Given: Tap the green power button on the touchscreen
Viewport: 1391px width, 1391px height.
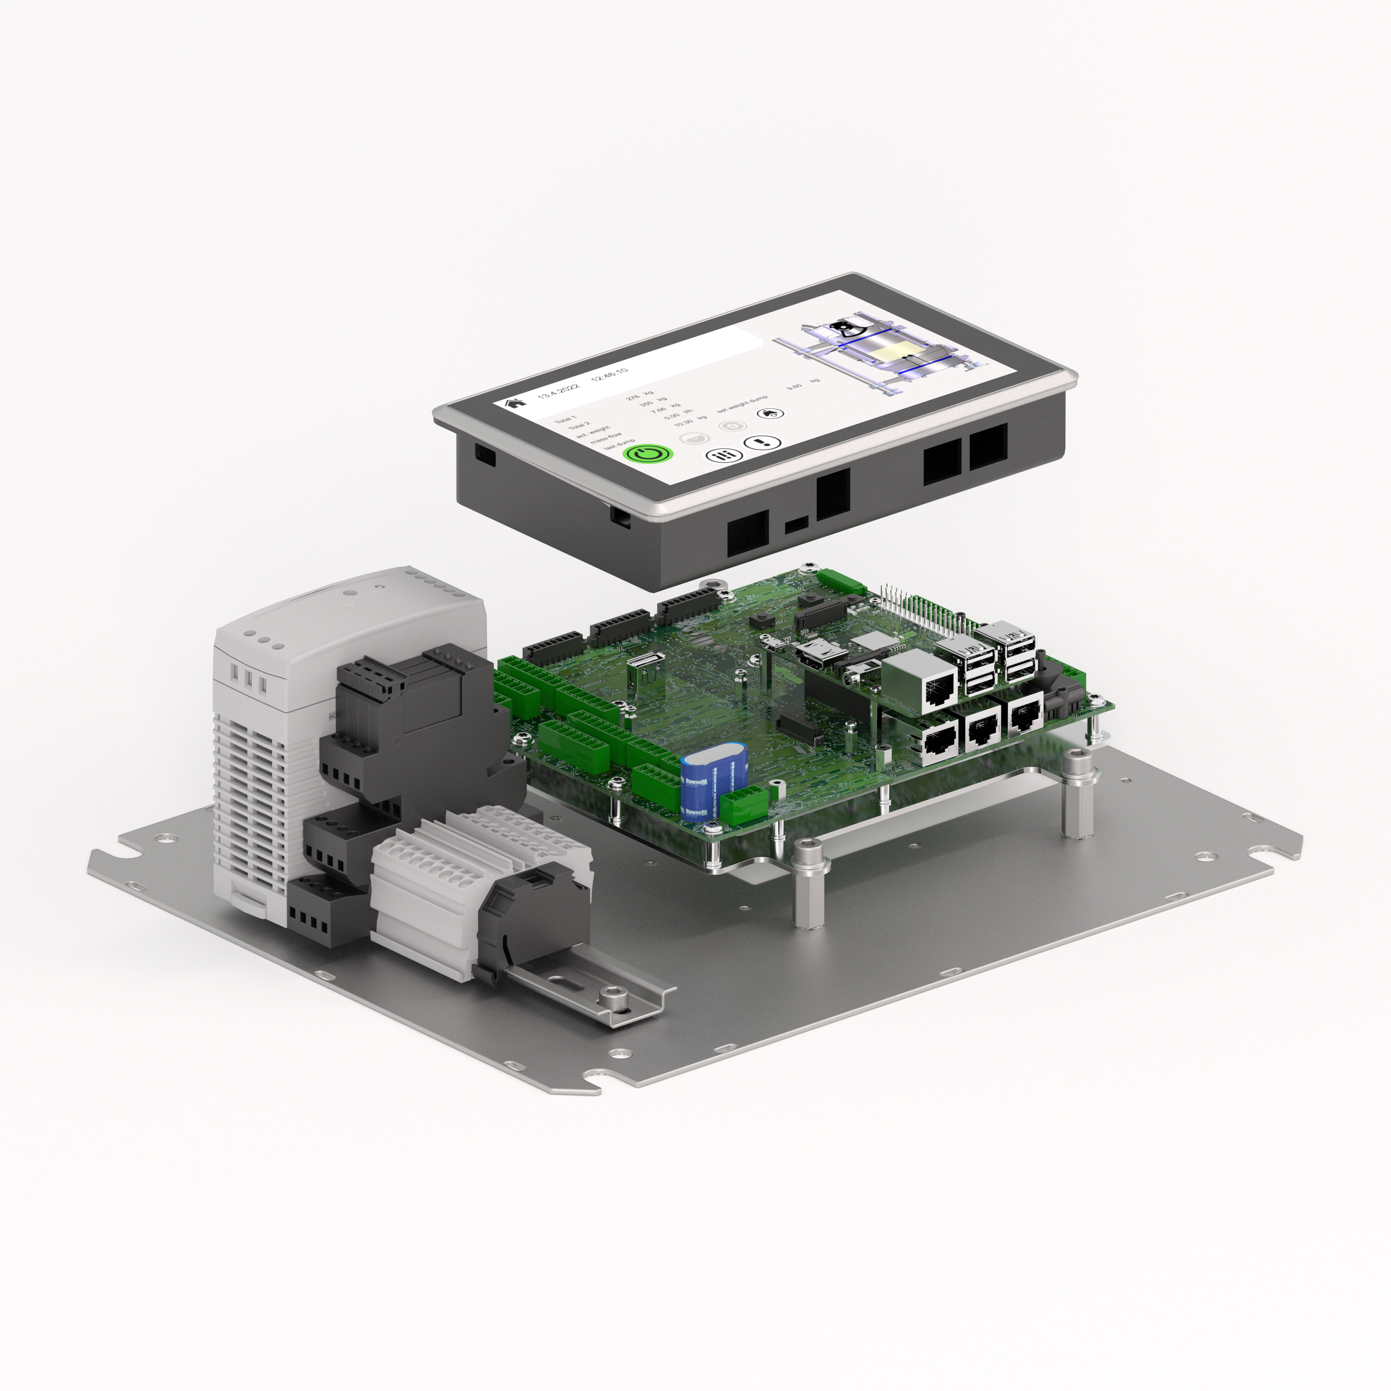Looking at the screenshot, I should pos(648,453).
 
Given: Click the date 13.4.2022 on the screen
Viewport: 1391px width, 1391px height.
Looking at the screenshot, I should pos(558,391).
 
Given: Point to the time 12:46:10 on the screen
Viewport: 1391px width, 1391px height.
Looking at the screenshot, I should pos(609,374).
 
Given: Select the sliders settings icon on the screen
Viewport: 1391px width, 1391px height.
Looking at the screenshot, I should pos(724,455).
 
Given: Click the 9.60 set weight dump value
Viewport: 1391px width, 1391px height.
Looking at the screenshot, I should pos(794,387).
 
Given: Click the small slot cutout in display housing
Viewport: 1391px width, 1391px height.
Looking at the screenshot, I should pos(796,524).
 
